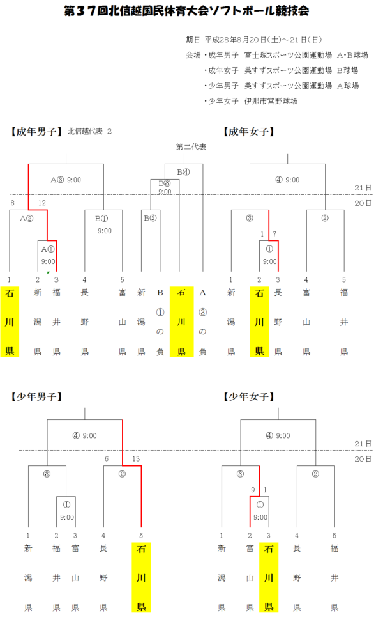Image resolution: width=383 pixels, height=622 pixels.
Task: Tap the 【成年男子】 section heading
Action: click(x=36, y=132)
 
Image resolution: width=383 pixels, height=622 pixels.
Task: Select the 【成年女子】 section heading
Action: click(x=250, y=132)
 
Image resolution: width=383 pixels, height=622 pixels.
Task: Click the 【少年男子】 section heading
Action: click(x=36, y=396)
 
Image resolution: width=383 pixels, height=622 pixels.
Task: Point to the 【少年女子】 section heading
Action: click(x=250, y=396)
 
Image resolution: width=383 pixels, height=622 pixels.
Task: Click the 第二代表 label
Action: click(x=191, y=147)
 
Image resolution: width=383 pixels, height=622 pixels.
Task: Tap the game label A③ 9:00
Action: click(x=66, y=180)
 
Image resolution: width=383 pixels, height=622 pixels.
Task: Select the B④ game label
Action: click(x=184, y=171)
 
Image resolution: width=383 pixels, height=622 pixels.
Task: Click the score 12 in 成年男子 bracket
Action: click(x=42, y=203)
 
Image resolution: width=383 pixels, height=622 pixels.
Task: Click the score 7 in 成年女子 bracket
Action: click(x=274, y=234)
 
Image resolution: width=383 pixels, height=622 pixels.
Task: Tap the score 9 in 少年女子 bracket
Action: click(x=253, y=490)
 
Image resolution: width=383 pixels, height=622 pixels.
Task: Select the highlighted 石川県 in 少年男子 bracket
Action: click(x=140, y=577)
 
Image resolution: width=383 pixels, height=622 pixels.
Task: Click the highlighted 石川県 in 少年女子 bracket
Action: click(x=269, y=577)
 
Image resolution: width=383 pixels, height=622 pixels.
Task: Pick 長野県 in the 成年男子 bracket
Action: click(x=84, y=322)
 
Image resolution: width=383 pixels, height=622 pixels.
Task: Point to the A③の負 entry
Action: click(x=203, y=322)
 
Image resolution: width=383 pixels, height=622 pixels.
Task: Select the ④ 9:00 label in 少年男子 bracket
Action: click(x=85, y=436)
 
